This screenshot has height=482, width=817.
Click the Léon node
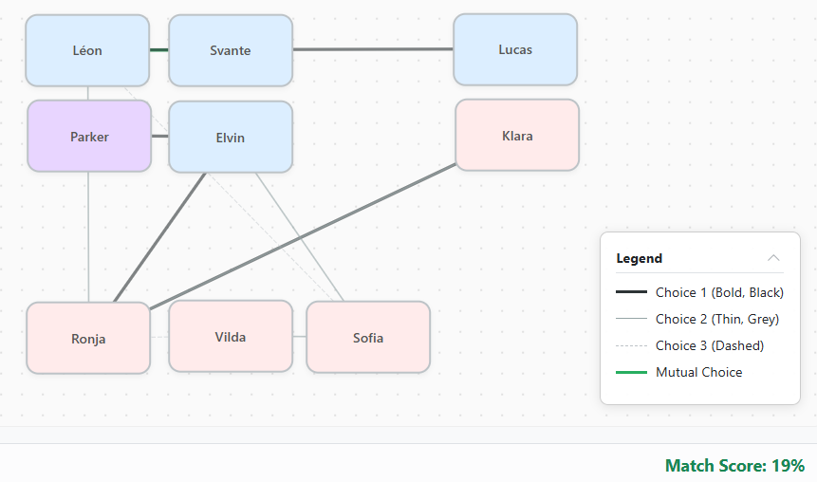click(87, 50)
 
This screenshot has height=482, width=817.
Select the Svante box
click(231, 50)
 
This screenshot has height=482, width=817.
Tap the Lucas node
click(515, 49)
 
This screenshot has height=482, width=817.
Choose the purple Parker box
click(89, 137)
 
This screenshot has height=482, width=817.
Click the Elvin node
click(231, 138)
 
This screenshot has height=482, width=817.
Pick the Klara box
click(517, 136)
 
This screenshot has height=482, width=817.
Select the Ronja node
click(88, 339)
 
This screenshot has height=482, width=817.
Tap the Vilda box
click(231, 337)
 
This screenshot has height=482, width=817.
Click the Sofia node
click(368, 338)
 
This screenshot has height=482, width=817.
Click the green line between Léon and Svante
click(159, 49)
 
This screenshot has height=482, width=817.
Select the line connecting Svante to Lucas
click(373, 49)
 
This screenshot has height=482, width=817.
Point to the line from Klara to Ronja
click(304, 233)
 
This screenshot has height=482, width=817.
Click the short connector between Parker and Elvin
click(159, 137)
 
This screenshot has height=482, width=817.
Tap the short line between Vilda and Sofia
click(299, 337)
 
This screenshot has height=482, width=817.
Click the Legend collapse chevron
click(773, 258)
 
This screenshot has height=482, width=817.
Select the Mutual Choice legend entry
click(698, 372)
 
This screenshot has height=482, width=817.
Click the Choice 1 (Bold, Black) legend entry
click(718, 292)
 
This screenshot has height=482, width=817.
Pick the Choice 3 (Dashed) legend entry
click(709, 345)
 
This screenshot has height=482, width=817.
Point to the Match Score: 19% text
click(734, 465)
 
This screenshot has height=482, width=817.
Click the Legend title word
click(640, 258)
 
